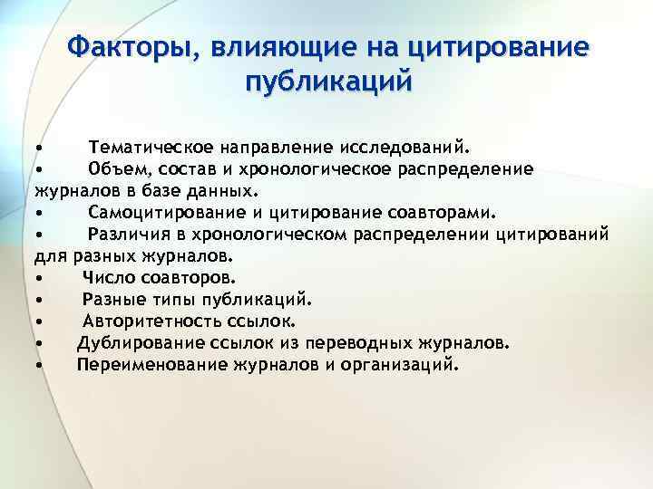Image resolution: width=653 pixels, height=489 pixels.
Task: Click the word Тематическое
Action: point(151,147)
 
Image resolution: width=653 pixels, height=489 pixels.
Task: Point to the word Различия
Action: point(125,235)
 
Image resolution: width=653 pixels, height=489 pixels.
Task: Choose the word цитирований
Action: point(552,235)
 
